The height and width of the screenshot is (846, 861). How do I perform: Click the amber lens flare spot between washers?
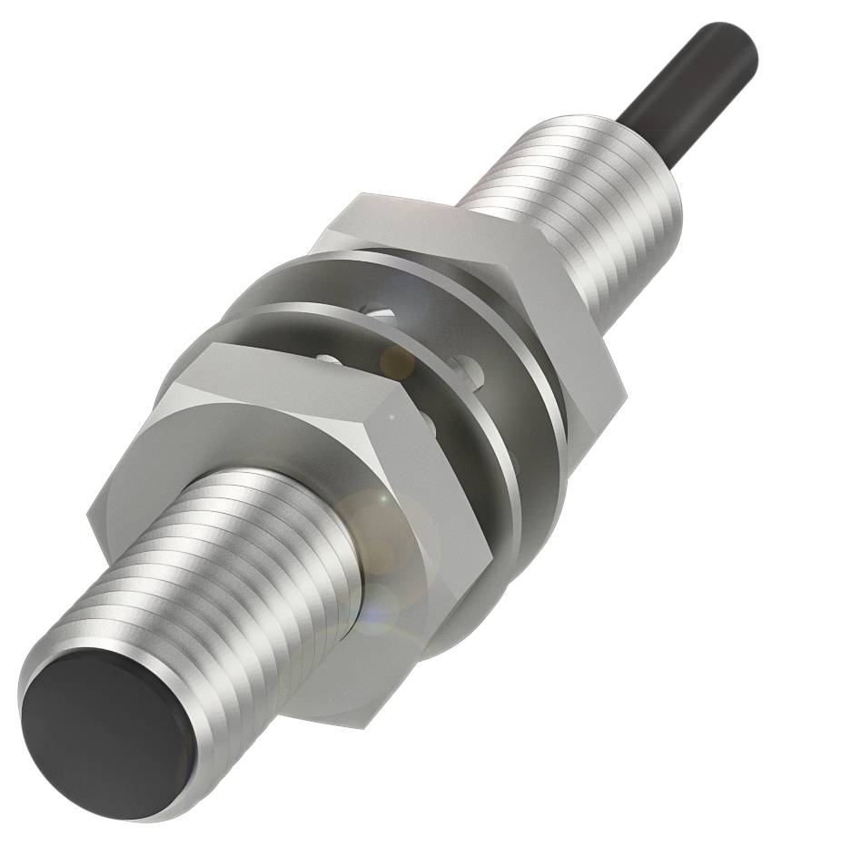click(x=397, y=362)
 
